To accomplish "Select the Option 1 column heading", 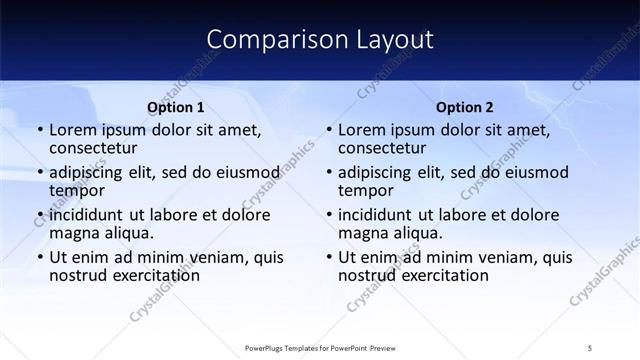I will click(176, 107).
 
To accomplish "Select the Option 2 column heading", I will click(465, 107).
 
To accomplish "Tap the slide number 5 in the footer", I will click(591, 347).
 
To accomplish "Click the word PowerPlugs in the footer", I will click(269, 347).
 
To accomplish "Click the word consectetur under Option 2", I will click(383, 149).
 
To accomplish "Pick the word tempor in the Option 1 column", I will click(77, 191).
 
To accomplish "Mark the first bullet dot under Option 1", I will click(39, 131).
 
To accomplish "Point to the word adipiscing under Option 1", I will click(91, 173).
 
